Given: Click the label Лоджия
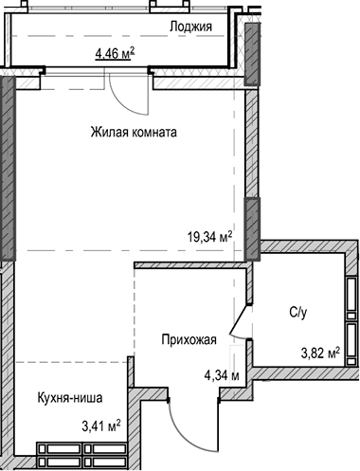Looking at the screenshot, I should coord(190,27).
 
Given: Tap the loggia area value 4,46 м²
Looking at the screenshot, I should coord(115,53).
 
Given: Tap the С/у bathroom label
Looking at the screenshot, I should coord(297,311).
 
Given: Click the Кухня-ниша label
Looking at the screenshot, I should coord(70,399).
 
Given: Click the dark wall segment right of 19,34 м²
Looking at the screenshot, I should coord(251,228).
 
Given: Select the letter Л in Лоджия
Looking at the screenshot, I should coord(173,27).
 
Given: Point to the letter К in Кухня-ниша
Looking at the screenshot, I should coord(43,399).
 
